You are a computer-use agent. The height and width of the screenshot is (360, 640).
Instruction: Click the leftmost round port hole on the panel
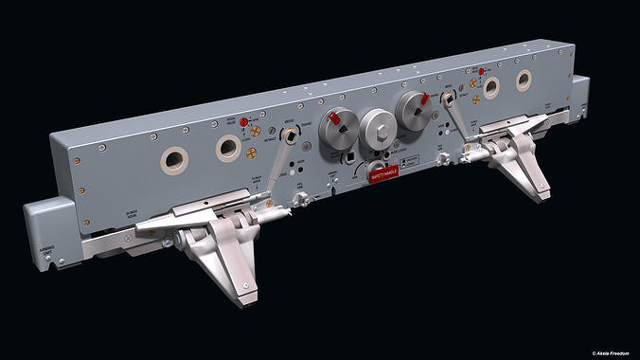tap(174, 160)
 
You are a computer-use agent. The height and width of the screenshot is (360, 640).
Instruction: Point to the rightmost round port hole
tap(524, 81)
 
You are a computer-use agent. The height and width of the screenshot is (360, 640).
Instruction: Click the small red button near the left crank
tap(242, 122)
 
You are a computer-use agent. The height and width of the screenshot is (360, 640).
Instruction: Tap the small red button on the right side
tap(481, 72)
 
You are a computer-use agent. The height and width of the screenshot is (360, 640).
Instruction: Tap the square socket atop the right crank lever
tap(447, 97)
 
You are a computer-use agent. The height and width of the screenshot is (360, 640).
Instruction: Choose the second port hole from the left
tap(228, 147)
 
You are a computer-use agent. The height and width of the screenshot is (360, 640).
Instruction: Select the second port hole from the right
tap(490, 88)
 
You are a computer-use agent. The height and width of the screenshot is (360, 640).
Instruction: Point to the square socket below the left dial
tap(349, 158)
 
